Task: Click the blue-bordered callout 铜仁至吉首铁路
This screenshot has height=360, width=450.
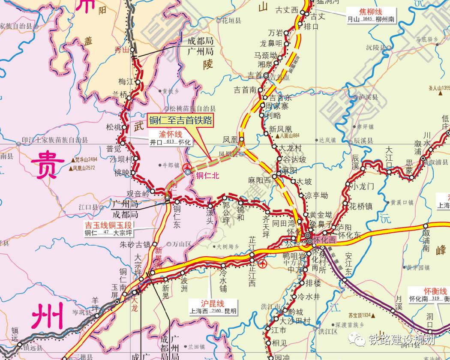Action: coord(180,120)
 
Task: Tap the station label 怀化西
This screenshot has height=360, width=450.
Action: coord(325,241)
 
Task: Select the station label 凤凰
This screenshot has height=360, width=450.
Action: coord(230,140)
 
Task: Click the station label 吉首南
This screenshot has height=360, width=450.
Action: coord(245,90)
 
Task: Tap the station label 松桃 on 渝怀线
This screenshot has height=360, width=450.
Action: coord(114,127)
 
